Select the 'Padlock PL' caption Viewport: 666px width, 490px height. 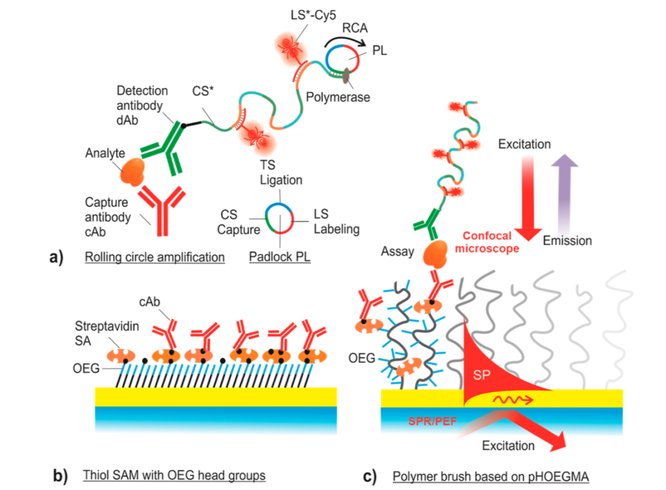280,257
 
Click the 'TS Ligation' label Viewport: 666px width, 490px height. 281,173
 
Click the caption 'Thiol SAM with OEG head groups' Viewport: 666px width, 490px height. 175,476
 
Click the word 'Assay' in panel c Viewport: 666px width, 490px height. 397,252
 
